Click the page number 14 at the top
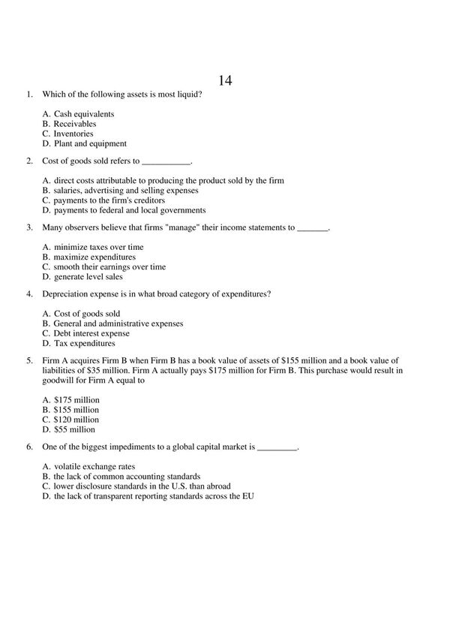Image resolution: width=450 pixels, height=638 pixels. coord(225,81)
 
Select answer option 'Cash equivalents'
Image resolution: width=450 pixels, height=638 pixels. coord(84,114)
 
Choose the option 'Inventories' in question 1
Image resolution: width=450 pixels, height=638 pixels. coord(73,134)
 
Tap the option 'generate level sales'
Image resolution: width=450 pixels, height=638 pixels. coord(88,276)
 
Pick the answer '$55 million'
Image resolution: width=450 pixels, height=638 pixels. coord(74,429)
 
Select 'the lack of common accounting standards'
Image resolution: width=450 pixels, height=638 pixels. coord(127,477)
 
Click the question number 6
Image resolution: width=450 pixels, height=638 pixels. coord(28,447)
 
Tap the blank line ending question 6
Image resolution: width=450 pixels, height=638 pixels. coord(277,448)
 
